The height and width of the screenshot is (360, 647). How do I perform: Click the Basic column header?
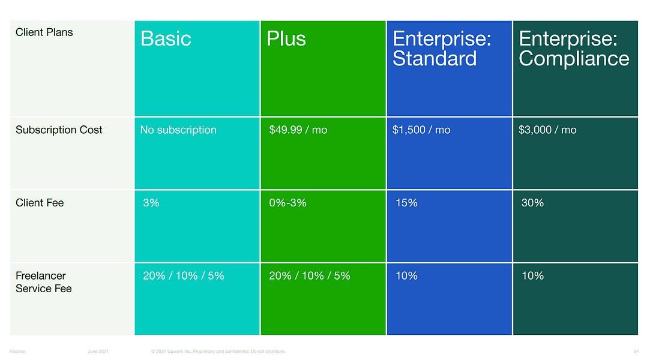tap(166, 39)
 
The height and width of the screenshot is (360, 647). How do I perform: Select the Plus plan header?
tap(286, 39)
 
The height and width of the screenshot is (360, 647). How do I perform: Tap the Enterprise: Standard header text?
tap(442, 49)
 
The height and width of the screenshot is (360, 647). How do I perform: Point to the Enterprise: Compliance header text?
tap(574, 49)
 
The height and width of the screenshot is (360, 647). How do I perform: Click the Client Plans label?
tap(44, 32)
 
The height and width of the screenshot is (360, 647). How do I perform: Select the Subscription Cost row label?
tap(59, 130)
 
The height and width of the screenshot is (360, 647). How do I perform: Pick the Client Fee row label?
tap(40, 203)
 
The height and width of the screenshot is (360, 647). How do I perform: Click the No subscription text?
tap(178, 130)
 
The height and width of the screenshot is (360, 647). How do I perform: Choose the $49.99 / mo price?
tap(298, 130)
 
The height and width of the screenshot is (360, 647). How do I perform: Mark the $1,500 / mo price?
tap(421, 130)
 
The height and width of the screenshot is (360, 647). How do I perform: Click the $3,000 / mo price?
tap(547, 130)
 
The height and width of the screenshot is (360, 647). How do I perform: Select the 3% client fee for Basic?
tap(151, 203)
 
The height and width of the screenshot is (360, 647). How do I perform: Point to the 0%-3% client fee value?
tap(287, 203)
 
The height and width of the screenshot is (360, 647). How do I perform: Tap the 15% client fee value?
tap(406, 203)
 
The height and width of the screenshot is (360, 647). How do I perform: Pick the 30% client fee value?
tap(532, 203)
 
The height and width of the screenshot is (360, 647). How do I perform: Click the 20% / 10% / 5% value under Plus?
tap(310, 276)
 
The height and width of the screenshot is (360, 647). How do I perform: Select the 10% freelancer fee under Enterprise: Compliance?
tap(532, 276)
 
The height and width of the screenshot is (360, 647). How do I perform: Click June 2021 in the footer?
tap(98, 351)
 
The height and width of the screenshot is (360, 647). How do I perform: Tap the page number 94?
tap(636, 351)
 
